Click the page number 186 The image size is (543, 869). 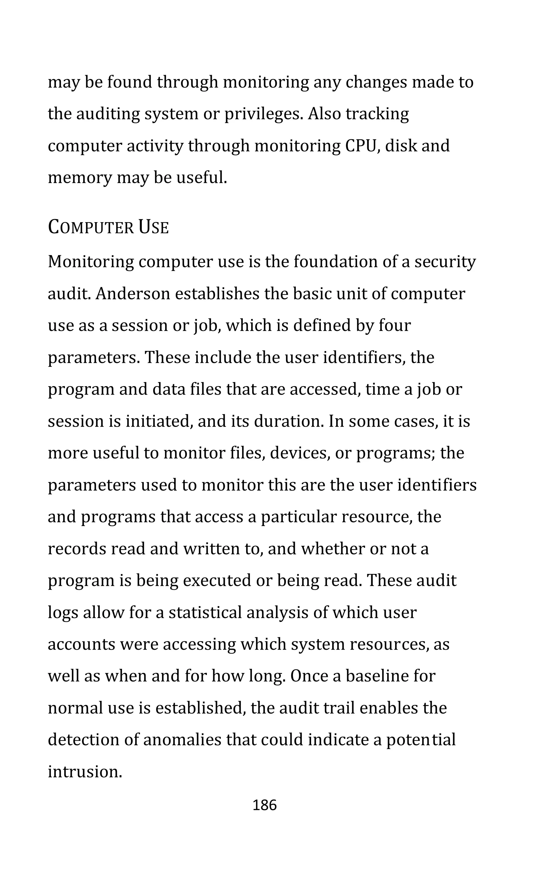pyautogui.click(x=265, y=805)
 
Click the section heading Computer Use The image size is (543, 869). pyautogui.click(x=108, y=228)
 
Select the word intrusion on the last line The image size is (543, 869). pyautogui.click(x=85, y=772)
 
